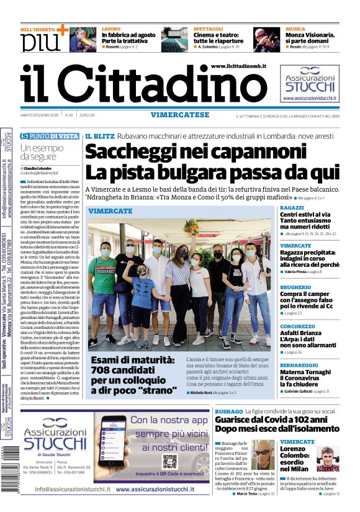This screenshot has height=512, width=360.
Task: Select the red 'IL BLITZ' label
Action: pyautogui.click(x=99, y=135)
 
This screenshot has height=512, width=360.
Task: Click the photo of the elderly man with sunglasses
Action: pyautogui.click(x=263, y=455)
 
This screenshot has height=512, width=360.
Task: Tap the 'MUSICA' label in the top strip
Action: pyautogui.click(x=295, y=29)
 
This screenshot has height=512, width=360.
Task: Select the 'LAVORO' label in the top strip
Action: pyautogui.click(x=111, y=29)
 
